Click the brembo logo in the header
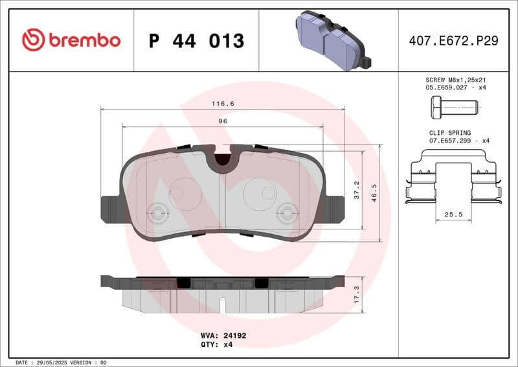point(71,40)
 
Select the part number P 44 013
point(196,41)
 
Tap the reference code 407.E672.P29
point(453,41)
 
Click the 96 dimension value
point(223,121)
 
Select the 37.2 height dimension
point(355,189)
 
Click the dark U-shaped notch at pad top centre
point(223,158)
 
